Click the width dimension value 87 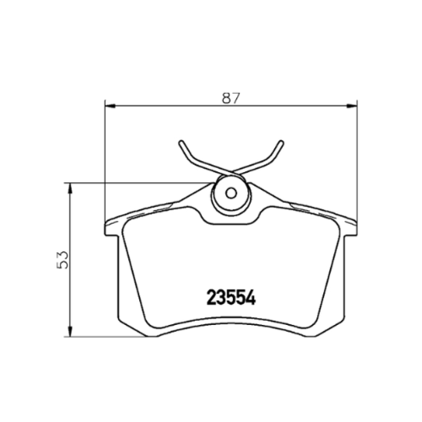231,98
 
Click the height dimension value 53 63,260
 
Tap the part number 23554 231,298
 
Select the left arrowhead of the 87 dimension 110,106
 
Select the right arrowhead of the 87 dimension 352,106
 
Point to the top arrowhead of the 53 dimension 70,188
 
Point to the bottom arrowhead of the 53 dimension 70,332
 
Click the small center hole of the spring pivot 231,193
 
